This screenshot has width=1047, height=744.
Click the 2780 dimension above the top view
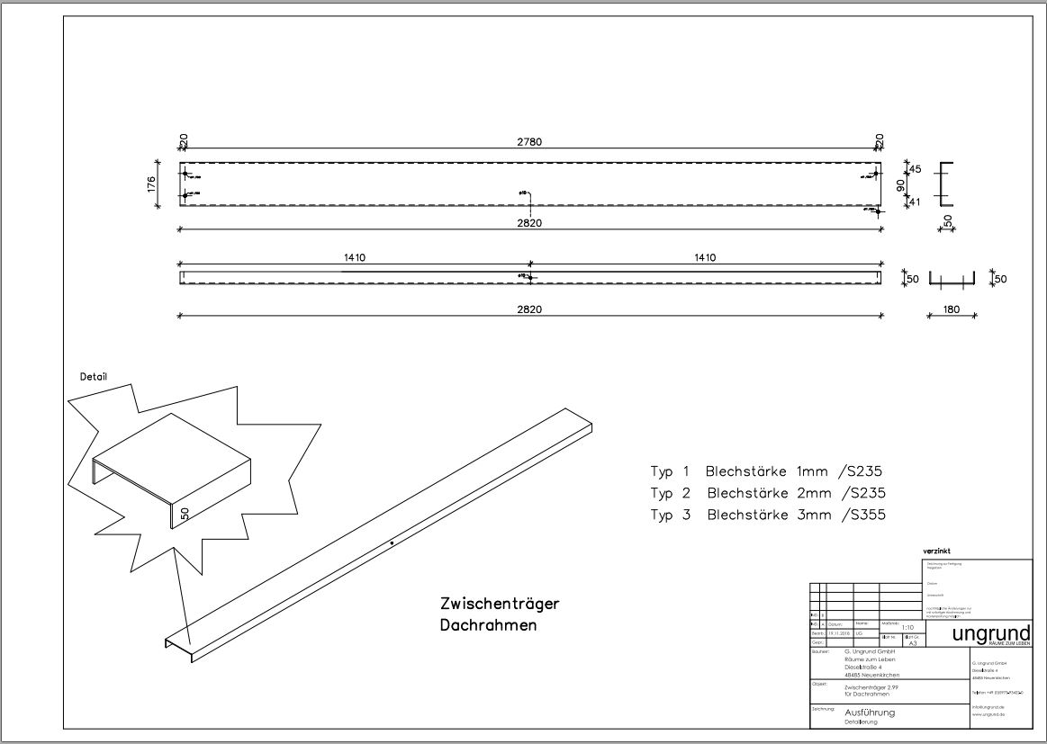point(529,141)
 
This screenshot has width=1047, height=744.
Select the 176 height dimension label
point(151,184)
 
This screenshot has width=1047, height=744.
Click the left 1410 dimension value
point(354,258)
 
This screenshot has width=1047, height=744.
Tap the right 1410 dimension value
point(705,258)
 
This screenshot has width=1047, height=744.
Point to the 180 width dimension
point(951,309)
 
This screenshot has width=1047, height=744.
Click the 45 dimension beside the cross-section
point(916,169)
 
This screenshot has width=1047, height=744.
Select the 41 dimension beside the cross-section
point(916,202)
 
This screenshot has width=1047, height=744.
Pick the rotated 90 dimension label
point(899,185)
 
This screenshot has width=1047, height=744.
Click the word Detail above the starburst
point(93,377)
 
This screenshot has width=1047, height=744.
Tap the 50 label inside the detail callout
point(185,514)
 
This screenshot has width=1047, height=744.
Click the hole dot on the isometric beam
point(392,542)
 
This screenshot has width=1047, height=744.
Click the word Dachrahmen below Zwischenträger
point(488,625)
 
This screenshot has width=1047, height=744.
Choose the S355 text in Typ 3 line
point(863,515)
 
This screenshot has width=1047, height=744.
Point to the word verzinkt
point(936,551)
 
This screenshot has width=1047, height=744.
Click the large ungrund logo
point(990,633)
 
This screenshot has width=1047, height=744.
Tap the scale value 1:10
point(907,628)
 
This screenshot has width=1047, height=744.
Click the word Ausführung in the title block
point(869,713)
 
